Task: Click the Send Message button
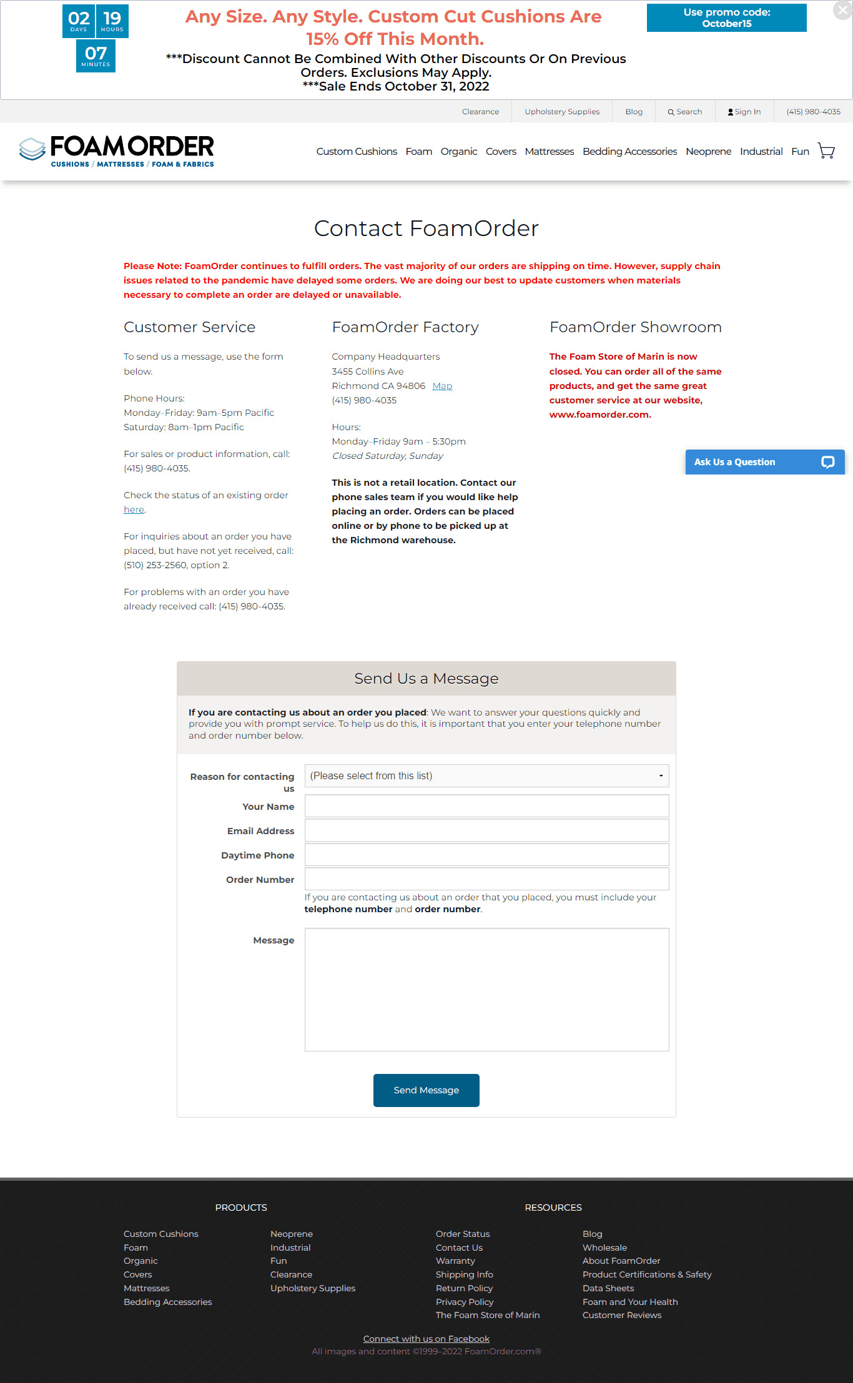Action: coord(426,1090)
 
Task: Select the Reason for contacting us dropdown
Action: coord(486,775)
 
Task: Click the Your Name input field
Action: coord(486,806)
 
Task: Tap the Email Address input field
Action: coord(486,830)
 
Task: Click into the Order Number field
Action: coord(486,879)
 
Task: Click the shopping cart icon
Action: coord(826,151)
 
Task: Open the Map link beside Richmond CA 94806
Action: coord(442,386)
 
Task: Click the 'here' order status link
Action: coord(134,509)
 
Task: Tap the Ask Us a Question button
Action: coord(764,462)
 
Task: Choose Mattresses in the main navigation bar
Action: coord(549,151)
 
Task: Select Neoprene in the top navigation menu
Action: coord(708,151)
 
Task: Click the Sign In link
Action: coord(744,112)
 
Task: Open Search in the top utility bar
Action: coord(685,112)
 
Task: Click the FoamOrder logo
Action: coord(117,151)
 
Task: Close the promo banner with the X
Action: coord(842,10)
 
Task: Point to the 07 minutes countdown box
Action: coord(96,56)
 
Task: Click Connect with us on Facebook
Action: coord(426,1339)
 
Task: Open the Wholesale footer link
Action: coord(604,1248)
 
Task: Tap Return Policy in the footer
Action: coord(464,1288)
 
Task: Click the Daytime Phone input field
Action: coord(486,855)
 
